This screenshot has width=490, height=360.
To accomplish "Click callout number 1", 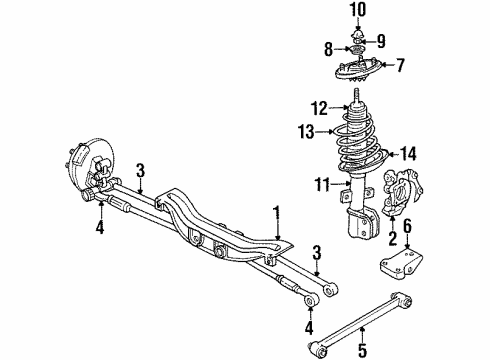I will [275, 213].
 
